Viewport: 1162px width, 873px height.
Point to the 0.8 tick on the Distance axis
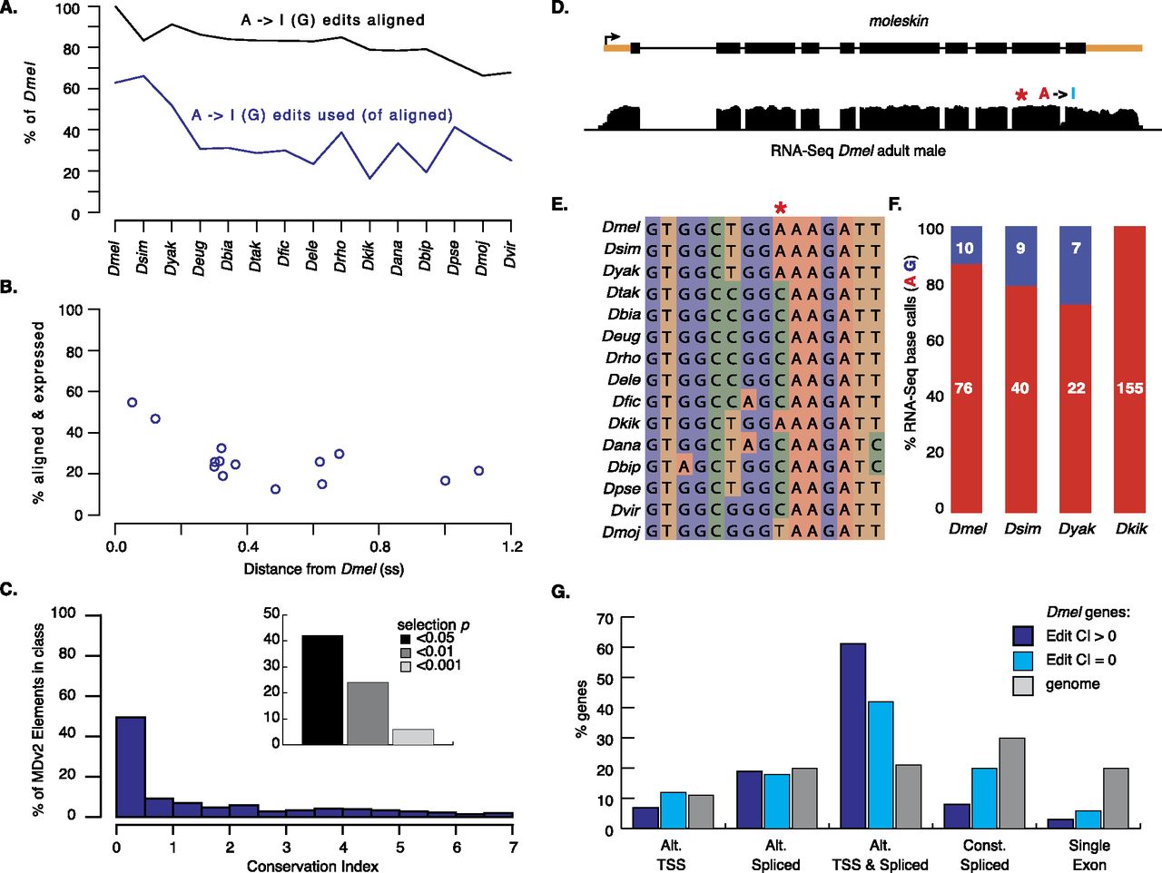[379, 547]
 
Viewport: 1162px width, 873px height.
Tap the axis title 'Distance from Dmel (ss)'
[323, 570]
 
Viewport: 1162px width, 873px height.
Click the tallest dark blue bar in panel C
[131, 767]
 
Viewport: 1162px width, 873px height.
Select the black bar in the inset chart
[322, 690]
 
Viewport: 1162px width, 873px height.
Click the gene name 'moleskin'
[899, 21]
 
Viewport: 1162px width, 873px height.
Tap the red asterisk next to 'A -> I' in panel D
[1022, 95]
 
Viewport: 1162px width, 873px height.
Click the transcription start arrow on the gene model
[613, 38]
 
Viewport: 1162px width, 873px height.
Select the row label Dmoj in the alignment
[621, 533]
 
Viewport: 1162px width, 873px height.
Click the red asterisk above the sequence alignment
[780, 209]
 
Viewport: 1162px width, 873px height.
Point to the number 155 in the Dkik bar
[1130, 388]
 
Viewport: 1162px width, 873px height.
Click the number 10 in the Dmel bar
[964, 248]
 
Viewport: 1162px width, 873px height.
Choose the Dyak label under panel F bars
[1077, 528]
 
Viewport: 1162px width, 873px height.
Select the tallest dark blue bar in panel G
[853, 735]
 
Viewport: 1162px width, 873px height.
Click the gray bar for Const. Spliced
[1012, 782]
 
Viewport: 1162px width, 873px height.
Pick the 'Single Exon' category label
[1089, 855]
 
